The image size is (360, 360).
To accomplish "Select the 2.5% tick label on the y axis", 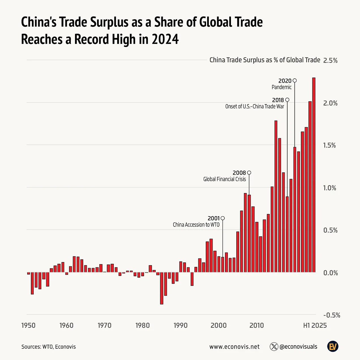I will (x=330, y=61).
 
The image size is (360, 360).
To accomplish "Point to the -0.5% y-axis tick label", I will (x=331, y=315).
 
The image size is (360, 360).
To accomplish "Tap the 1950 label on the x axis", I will (x=28, y=325).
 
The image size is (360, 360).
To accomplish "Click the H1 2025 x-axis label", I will (x=315, y=325).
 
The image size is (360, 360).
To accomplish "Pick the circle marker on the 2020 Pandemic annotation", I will (x=295, y=81).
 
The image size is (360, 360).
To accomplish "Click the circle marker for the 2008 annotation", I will (x=249, y=173).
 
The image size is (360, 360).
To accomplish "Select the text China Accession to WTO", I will (x=196, y=225).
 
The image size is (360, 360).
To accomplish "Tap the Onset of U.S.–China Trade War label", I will (x=254, y=107).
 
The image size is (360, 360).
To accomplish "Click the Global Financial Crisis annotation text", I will (x=224, y=179).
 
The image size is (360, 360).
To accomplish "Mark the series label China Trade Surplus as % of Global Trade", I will (x=265, y=60).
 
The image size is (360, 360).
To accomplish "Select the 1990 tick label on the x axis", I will (x=181, y=325).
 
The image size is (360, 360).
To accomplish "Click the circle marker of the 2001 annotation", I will (x=222, y=218).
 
